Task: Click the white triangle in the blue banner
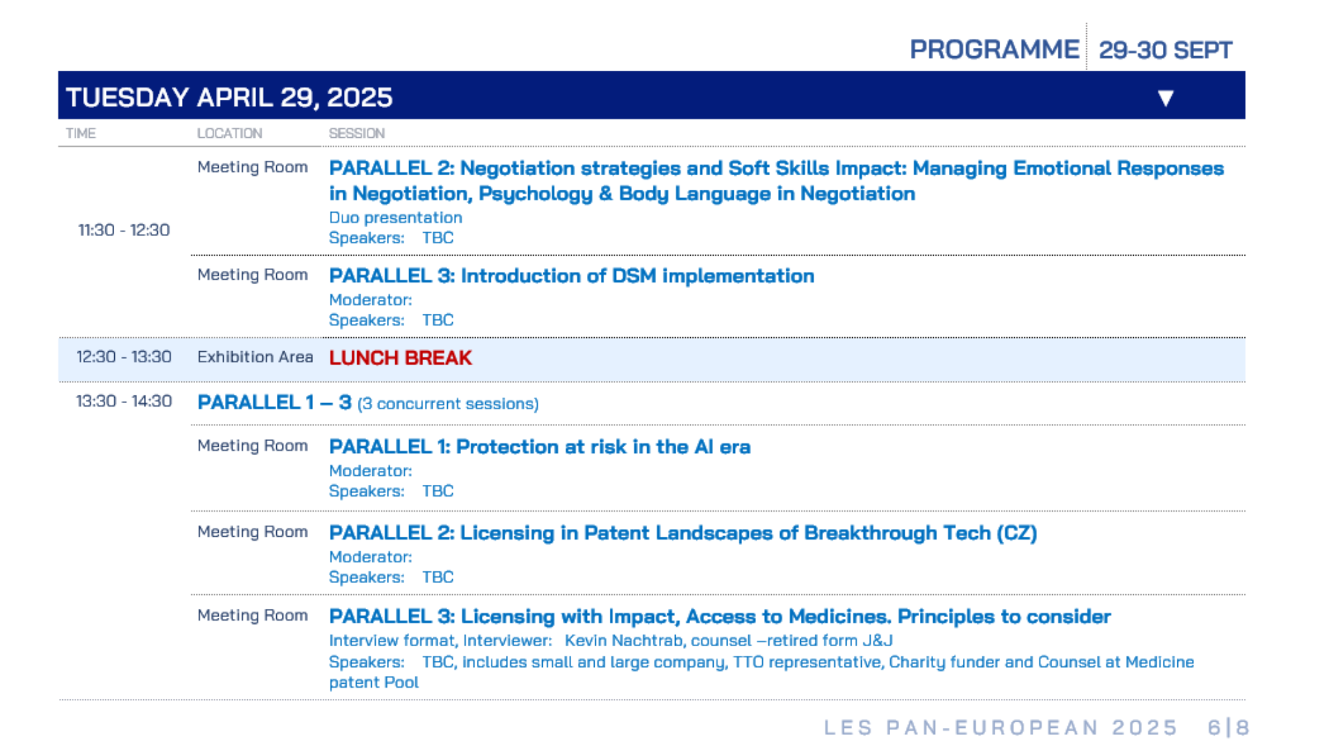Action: click(x=1166, y=98)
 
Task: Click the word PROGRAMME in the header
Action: click(x=994, y=50)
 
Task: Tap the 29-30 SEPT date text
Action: click(x=1166, y=50)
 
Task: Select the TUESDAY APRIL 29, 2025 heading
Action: click(x=229, y=98)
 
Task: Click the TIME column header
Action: click(x=81, y=133)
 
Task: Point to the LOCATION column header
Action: click(x=230, y=133)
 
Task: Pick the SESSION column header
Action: click(x=356, y=133)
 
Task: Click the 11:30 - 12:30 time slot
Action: click(x=124, y=230)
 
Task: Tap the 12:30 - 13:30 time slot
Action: click(x=124, y=357)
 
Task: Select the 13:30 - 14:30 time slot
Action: click(x=124, y=401)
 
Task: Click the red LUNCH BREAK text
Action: click(x=400, y=358)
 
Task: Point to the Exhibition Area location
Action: click(x=255, y=357)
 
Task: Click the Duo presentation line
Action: click(x=395, y=217)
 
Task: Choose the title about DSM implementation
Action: click(x=572, y=276)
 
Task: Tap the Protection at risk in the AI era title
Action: click(x=540, y=447)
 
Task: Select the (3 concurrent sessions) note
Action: click(x=448, y=404)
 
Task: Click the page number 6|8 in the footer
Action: click(x=1229, y=727)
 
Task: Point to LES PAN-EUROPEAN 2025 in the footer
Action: click(x=1001, y=727)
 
